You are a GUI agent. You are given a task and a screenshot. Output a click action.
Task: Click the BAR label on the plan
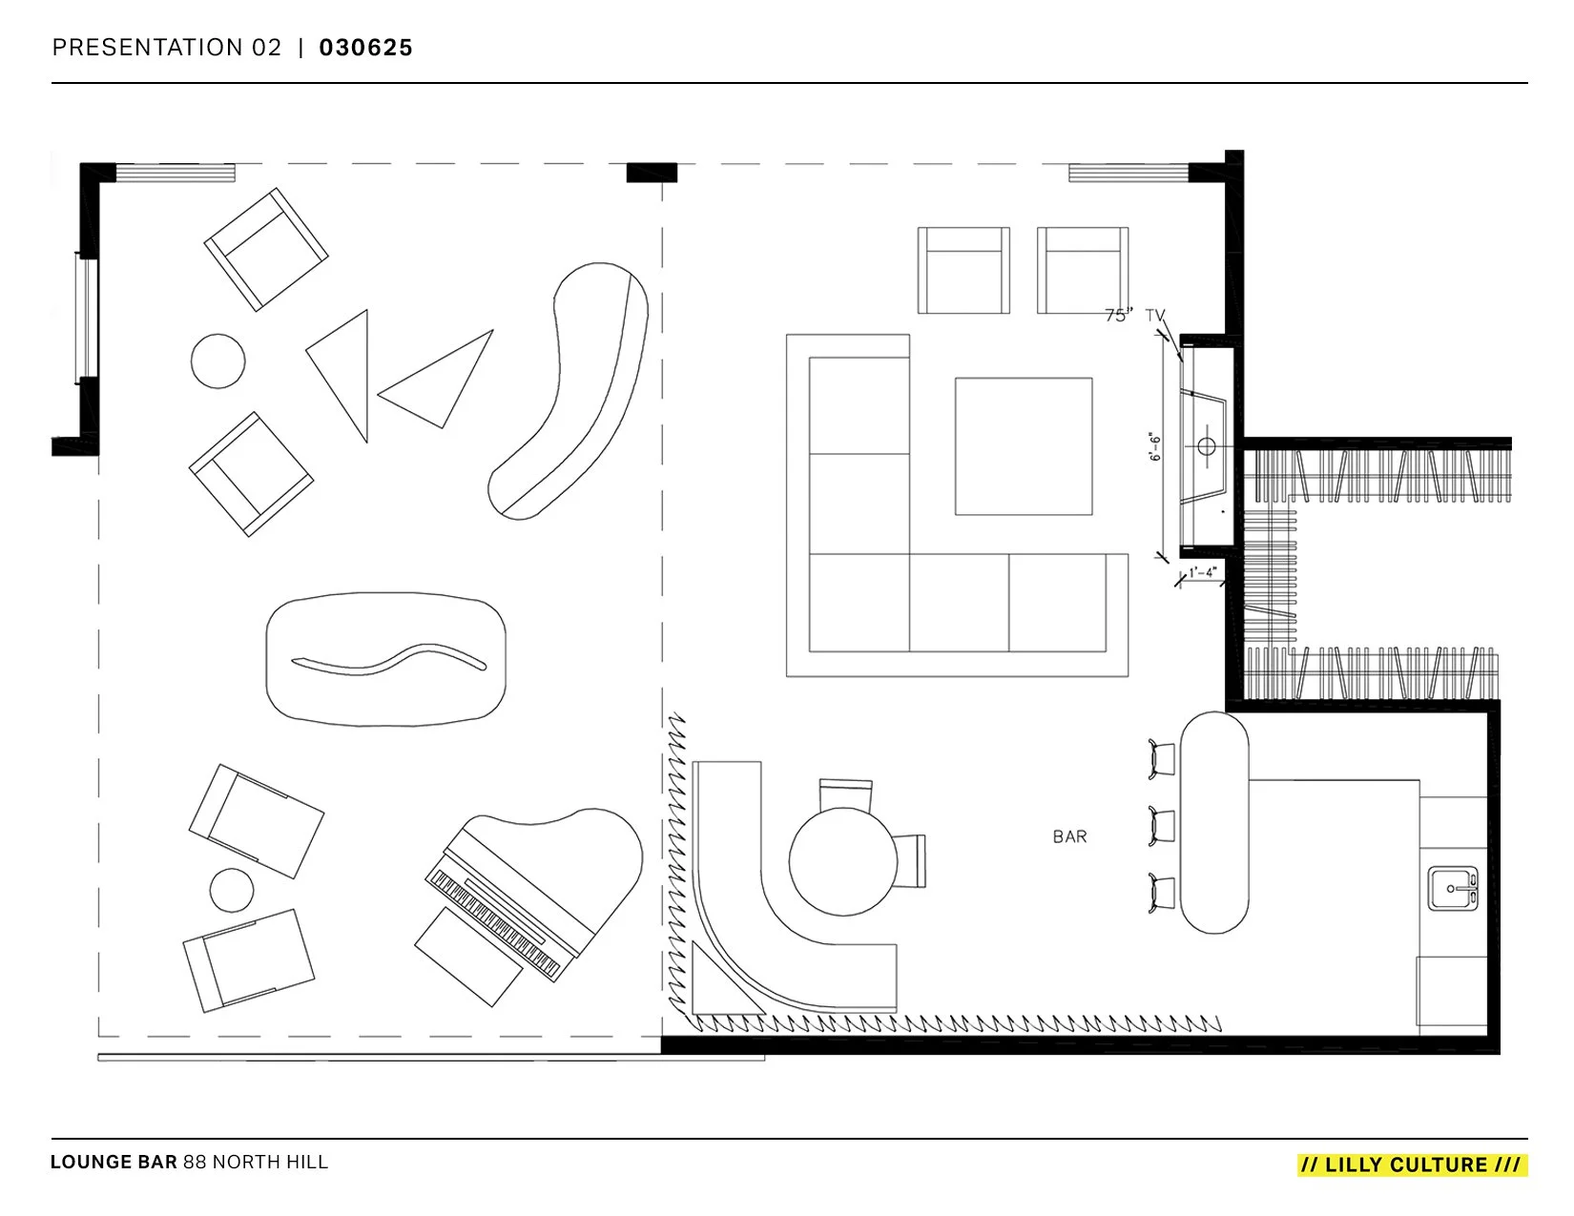(x=1069, y=836)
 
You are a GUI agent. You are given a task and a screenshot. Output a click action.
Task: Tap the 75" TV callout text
(x=1135, y=316)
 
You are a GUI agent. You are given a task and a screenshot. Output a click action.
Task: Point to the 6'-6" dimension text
(x=1155, y=445)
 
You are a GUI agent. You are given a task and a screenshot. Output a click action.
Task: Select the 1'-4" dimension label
(x=1202, y=573)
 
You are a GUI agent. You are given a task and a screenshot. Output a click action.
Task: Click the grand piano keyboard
(x=495, y=923)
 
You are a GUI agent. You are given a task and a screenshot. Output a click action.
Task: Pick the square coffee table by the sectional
(x=1024, y=446)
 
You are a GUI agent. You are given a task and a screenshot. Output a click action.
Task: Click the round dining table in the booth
(x=843, y=862)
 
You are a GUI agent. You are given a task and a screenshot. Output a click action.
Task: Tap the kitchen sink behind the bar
(x=1452, y=889)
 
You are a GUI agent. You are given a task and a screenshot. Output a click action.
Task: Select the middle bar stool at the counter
(x=1161, y=823)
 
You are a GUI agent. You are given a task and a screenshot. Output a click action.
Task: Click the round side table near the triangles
(x=217, y=361)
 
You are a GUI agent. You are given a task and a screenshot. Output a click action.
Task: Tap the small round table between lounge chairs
(x=232, y=891)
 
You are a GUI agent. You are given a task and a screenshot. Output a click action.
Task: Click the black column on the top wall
(x=651, y=173)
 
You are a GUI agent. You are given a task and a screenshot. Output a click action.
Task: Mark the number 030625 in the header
(x=365, y=48)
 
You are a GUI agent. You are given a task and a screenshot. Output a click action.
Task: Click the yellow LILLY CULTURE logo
(x=1412, y=1164)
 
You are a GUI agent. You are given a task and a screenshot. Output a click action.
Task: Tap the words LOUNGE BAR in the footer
(x=114, y=1163)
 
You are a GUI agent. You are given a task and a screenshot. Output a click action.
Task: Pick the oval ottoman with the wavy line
(x=385, y=657)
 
